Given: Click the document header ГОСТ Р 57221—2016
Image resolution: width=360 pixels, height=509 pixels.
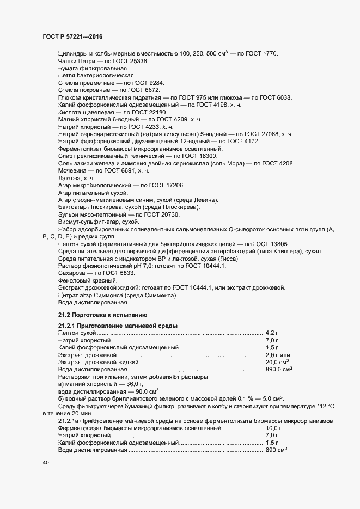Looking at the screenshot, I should (72, 37).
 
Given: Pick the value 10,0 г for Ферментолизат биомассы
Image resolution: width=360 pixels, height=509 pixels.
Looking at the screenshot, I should (273, 428).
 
